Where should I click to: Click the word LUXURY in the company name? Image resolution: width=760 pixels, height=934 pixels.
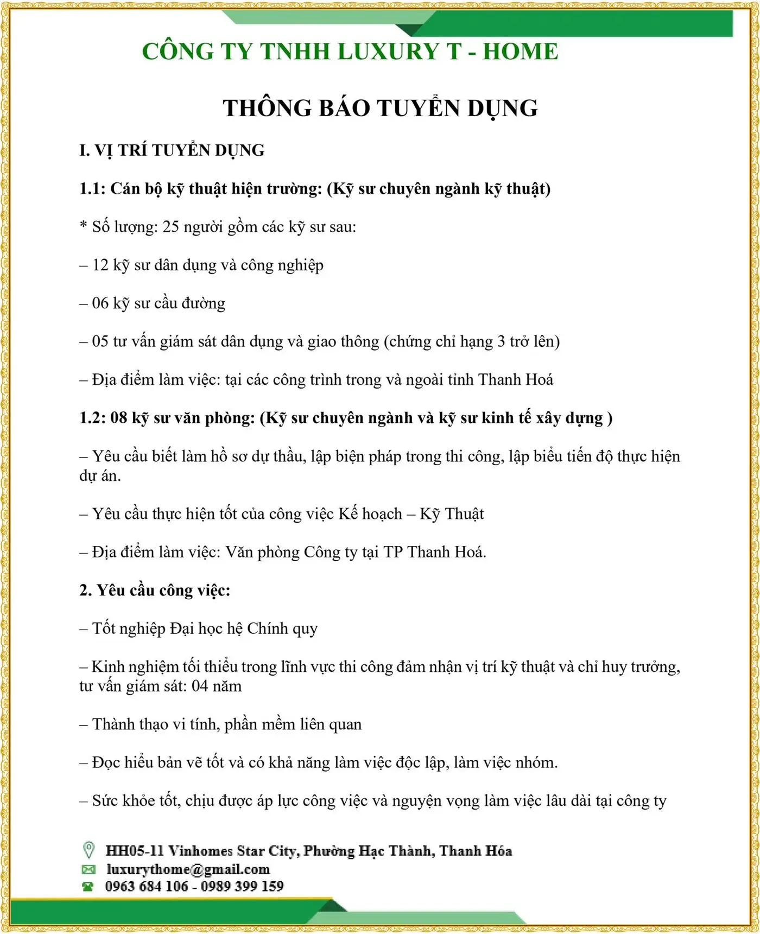(x=388, y=52)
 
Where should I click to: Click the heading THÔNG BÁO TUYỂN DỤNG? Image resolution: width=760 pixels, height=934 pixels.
(x=380, y=108)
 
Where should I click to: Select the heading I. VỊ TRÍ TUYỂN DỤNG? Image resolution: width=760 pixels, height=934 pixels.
(x=172, y=150)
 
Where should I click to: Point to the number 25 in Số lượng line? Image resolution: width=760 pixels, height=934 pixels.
(x=170, y=227)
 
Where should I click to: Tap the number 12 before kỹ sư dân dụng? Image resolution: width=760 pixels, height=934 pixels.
(x=100, y=265)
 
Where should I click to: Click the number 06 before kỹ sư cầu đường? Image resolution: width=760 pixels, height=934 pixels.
(x=100, y=303)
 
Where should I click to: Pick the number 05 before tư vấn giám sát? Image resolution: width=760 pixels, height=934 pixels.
(x=100, y=341)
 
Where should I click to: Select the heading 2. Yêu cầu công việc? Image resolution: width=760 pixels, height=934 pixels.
(x=155, y=590)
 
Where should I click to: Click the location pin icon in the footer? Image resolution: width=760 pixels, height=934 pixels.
(x=88, y=850)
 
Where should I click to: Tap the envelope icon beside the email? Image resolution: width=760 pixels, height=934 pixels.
(x=88, y=869)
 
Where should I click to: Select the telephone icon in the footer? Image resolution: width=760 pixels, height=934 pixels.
(x=88, y=887)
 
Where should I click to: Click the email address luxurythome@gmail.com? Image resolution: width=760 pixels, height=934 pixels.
(x=188, y=869)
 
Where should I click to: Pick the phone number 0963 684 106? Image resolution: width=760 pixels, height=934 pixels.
(x=147, y=887)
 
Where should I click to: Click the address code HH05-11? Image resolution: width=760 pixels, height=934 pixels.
(x=134, y=850)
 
